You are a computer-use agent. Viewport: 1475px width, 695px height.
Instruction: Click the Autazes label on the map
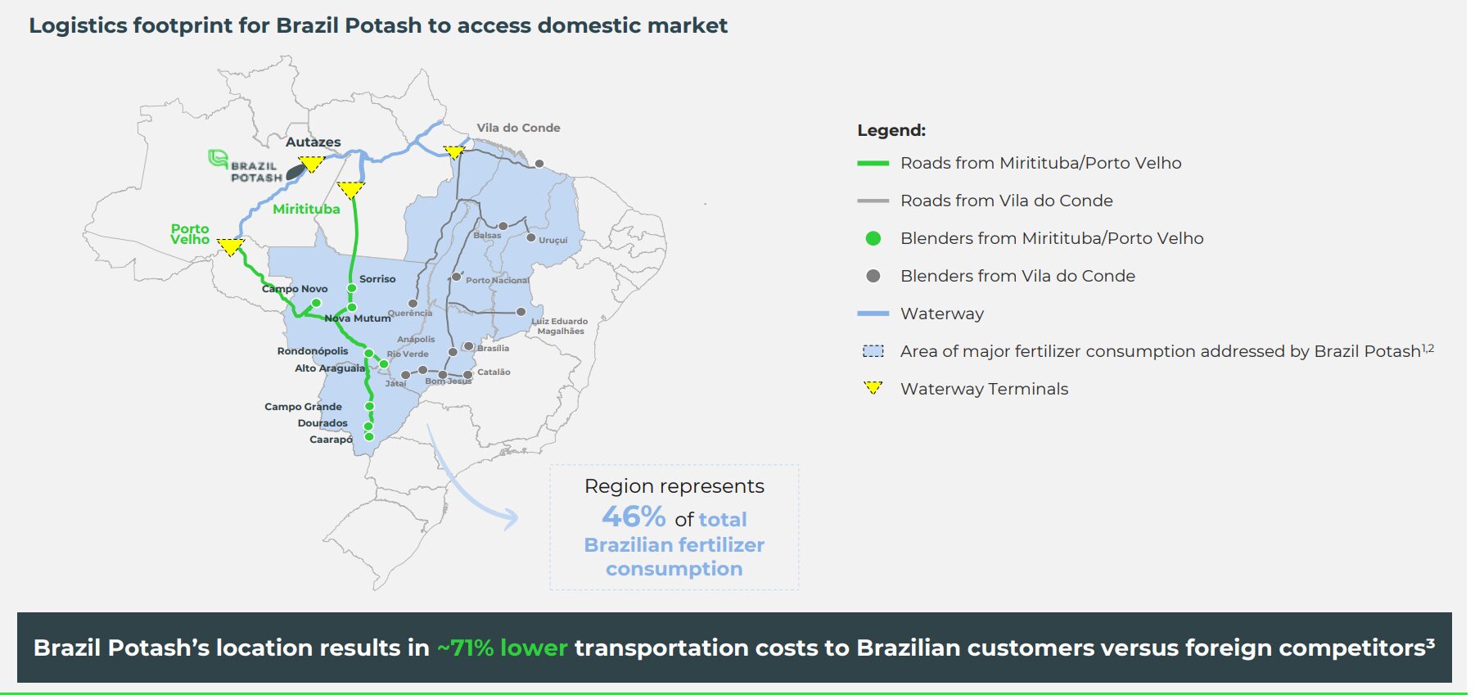313,142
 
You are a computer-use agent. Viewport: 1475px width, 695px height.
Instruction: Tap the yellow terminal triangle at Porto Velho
231,246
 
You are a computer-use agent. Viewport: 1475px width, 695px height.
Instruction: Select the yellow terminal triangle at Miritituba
350,189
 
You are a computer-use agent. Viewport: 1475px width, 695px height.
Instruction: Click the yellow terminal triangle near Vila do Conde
454,151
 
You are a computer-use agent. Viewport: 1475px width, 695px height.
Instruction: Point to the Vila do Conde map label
518,128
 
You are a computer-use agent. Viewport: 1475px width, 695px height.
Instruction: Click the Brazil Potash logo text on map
255,171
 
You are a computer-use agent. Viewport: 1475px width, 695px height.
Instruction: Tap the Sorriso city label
377,279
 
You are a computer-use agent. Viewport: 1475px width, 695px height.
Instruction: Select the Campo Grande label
303,407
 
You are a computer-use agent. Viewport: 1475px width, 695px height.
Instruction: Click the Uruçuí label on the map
553,240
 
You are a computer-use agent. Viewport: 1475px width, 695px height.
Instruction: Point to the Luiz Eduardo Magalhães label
560,326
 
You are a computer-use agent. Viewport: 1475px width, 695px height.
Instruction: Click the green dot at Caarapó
369,436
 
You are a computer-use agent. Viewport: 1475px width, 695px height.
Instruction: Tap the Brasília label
493,348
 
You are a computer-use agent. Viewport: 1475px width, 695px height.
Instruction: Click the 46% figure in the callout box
634,517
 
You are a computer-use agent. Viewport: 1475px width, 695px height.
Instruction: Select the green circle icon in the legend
873,238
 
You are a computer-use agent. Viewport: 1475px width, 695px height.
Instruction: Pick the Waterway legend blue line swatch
873,314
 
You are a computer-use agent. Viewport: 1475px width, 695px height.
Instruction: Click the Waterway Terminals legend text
984,389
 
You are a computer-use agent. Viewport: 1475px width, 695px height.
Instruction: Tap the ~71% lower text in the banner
502,648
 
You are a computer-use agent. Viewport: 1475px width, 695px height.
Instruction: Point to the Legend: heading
891,130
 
